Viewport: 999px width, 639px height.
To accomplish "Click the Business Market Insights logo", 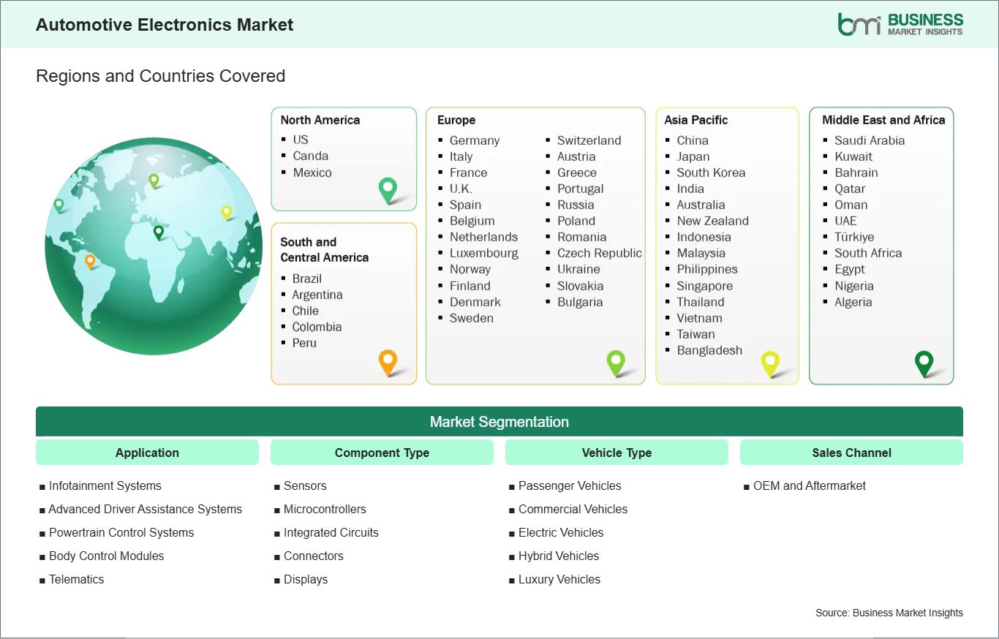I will coord(900,24).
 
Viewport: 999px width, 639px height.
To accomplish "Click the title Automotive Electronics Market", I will coord(165,25).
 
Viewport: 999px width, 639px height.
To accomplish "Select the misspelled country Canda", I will coord(310,156).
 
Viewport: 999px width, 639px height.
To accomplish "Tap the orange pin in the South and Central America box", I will coord(388,361).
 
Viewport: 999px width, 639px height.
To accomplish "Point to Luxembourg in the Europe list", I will coord(483,253).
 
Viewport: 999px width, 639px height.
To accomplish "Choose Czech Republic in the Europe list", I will coord(599,253).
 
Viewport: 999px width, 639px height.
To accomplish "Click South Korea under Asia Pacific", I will coord(710,173).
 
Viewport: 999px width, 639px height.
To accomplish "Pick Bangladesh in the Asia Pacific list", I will coord(709,350).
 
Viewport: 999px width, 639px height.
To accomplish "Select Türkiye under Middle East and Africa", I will coord(853,237).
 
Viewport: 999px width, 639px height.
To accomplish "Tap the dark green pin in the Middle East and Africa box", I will coord(924,362).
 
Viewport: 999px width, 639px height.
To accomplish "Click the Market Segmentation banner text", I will coord(499,422).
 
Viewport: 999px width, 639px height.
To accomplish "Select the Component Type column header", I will coord(382,453).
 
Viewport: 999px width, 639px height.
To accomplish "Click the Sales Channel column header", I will coord(851,453).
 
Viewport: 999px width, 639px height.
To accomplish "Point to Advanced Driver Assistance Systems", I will coord(145,509).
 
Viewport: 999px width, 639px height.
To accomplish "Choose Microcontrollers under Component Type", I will coord(325,509).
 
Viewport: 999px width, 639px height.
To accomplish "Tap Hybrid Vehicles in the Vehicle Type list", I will coord(558,556).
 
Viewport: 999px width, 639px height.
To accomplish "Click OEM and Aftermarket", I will coord(809,485).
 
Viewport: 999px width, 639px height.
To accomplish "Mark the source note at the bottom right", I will coord(889,613).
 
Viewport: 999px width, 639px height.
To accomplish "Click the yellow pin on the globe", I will coord(227,212).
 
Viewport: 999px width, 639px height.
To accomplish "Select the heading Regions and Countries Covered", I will coord(160,76).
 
